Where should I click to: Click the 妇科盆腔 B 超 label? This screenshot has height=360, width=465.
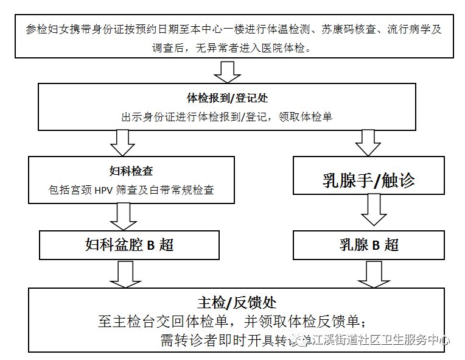coord(130,245)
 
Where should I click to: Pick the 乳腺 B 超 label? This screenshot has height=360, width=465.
coord(368,245)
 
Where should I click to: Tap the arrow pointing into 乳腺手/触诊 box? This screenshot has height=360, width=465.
coord(368,143)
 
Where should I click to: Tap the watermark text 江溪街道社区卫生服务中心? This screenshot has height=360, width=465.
coord(380,341)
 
